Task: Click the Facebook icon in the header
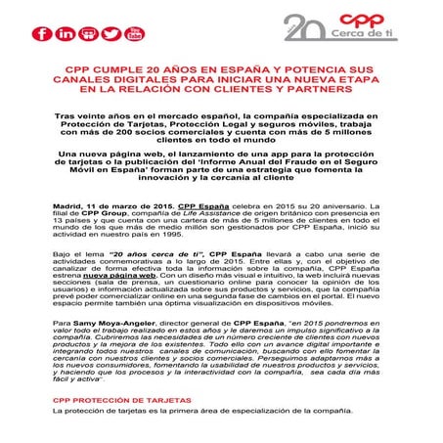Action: [x=41, y=34]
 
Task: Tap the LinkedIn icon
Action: [x=66, y=34]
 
